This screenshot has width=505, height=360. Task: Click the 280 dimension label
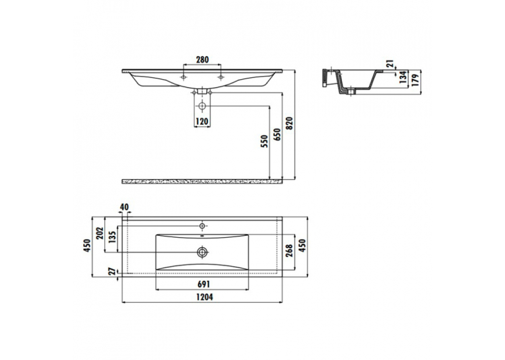tap(202, 59)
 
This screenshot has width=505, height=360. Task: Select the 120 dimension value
tap(202, 122)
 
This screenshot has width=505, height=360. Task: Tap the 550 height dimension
tap(265, 141)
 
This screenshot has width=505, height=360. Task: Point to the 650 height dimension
tap(277, 135)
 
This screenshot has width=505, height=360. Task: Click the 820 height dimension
tap(290, 124)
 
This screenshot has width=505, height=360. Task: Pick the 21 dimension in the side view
tap(391, 64)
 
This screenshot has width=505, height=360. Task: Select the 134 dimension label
tap(403, 78)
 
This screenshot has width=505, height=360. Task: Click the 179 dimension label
tap(415, 81)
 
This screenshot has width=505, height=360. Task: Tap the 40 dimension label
tap(124, 207)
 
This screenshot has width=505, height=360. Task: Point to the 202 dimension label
tap(100, 234)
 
